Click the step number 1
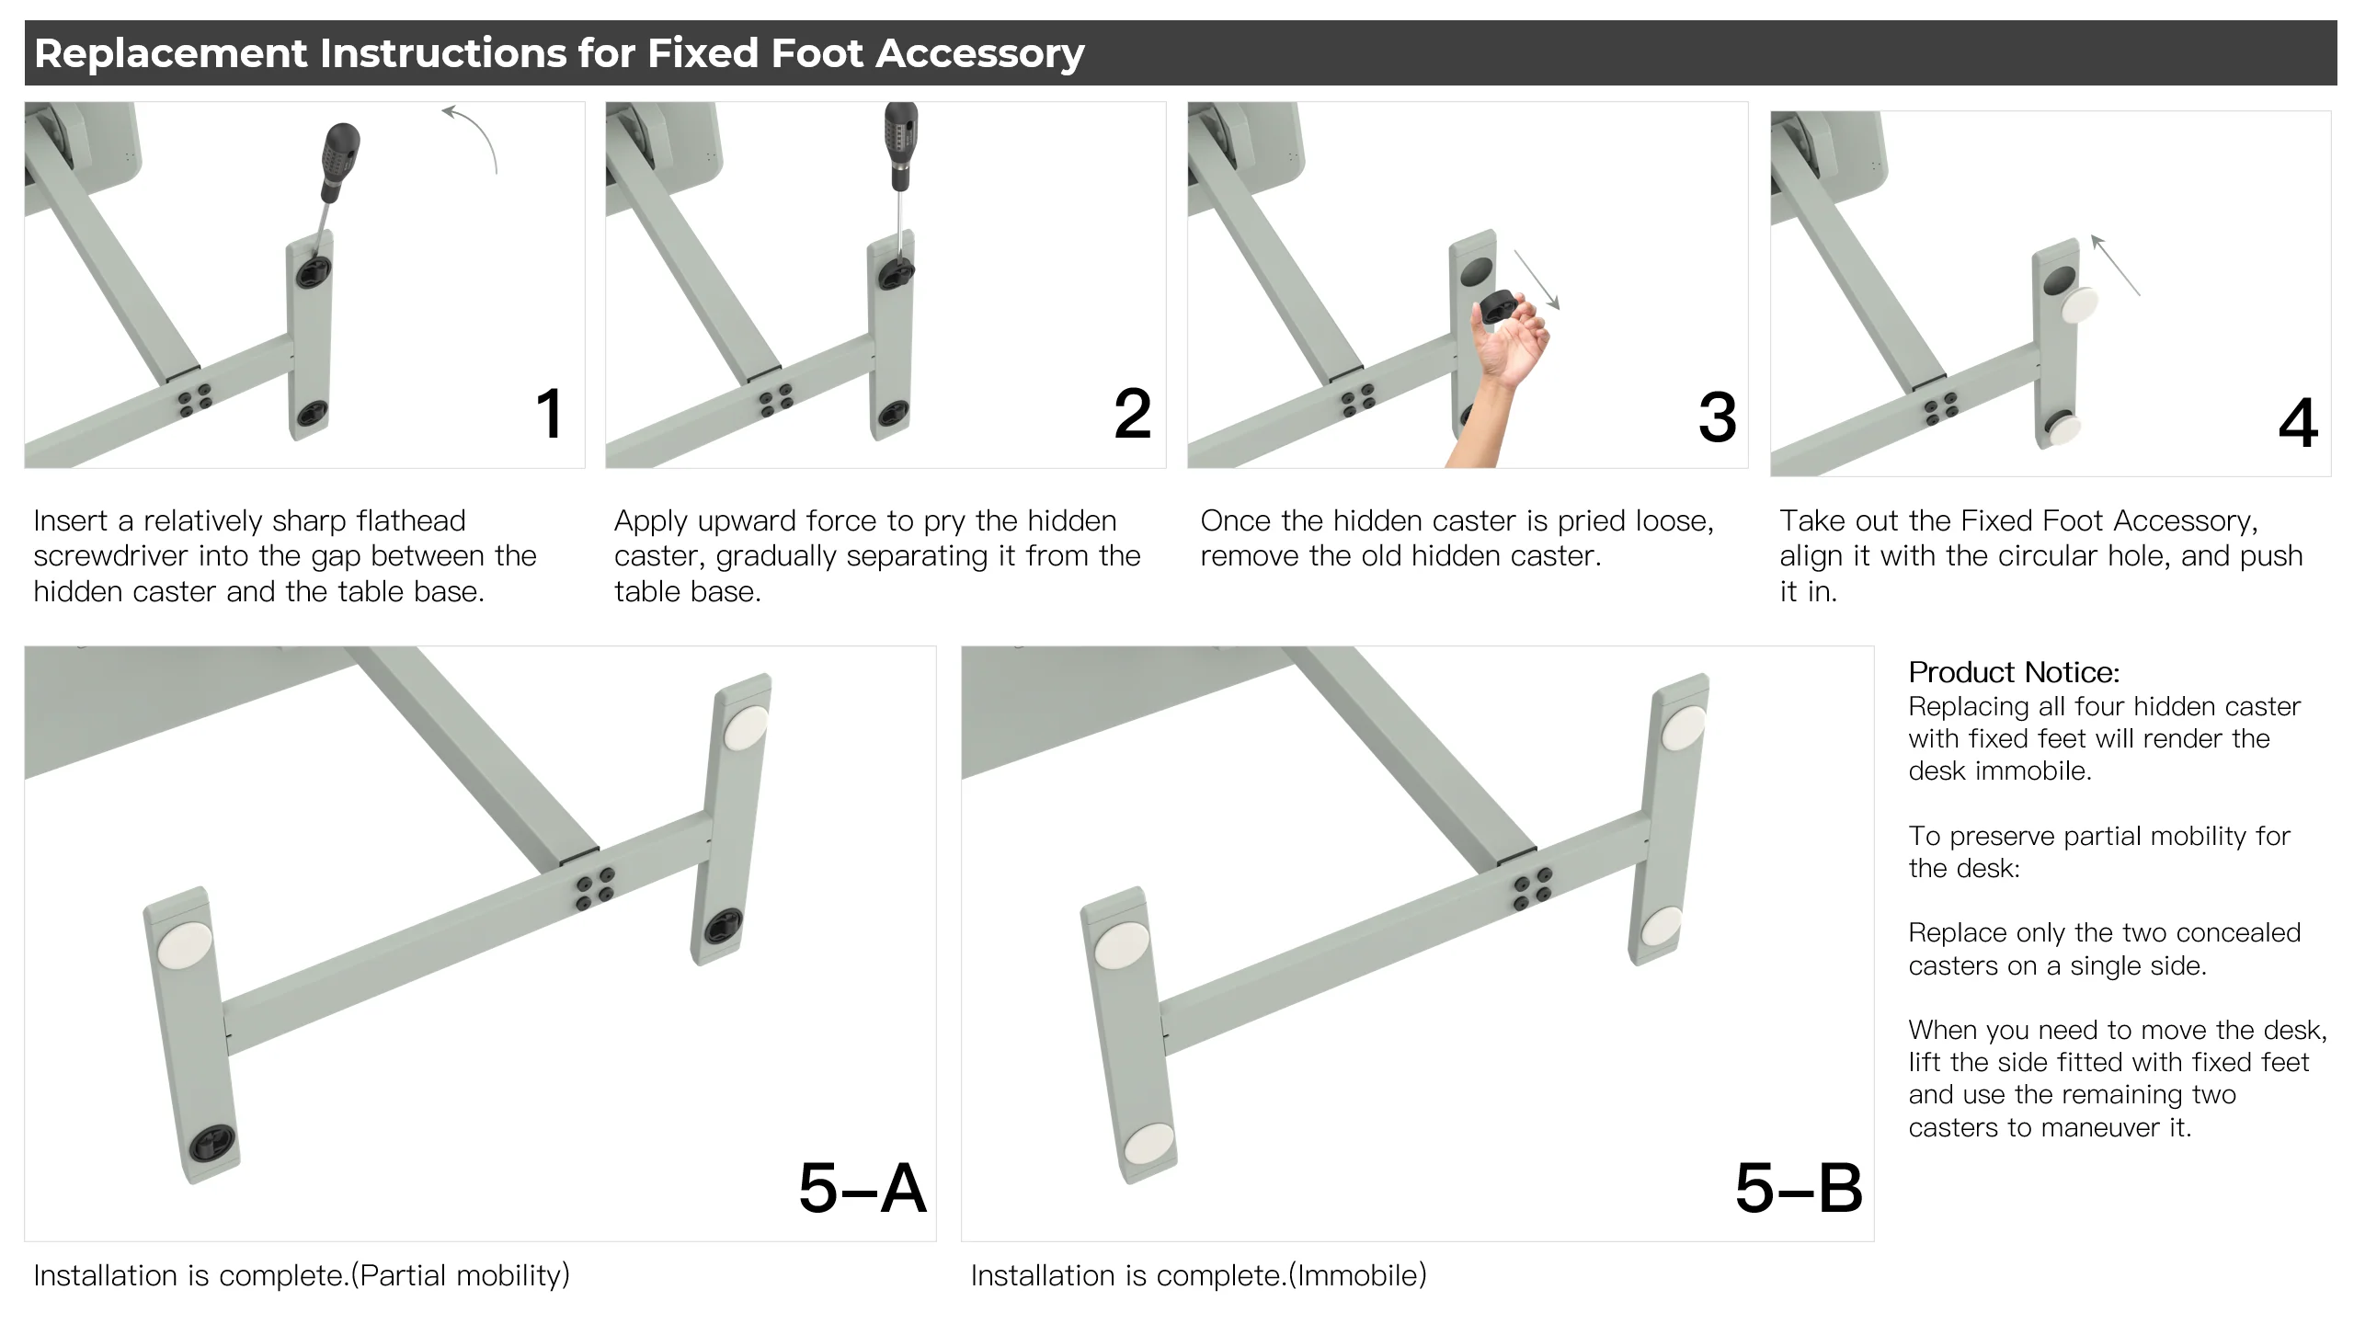549,414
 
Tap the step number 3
1717,418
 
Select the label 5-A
862,1189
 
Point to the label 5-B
1799,1189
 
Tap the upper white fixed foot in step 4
2080,305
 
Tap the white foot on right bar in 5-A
746,728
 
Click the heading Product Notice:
2014,672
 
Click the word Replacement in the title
171,53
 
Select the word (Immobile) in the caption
1357,1275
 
